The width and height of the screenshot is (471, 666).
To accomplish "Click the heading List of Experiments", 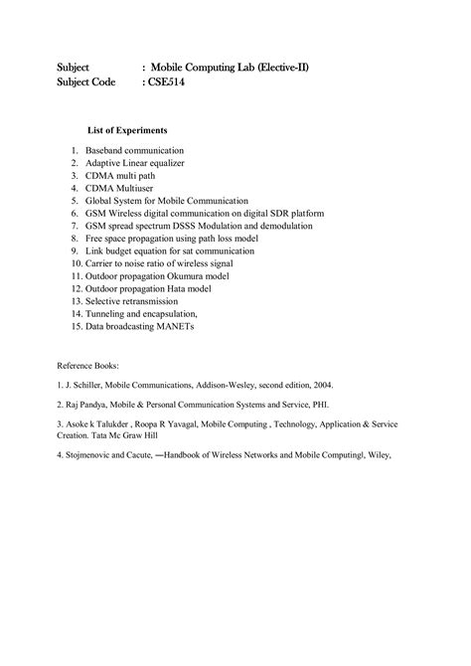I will [127, 130].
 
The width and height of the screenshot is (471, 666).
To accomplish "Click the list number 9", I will [74, 251].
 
